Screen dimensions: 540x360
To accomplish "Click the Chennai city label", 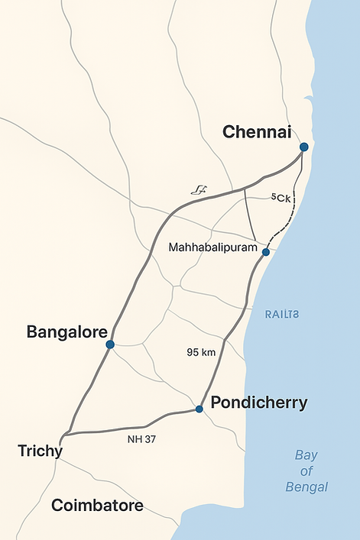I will pyautogui.click(x=257, y=132).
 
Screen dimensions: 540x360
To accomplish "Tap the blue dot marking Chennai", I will pyautogui.click(x=303, y=147).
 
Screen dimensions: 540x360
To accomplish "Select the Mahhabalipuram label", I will pyautogui.click(x=212, y=247).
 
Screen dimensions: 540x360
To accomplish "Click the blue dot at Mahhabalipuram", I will pyautogui.click(x=265, y=252).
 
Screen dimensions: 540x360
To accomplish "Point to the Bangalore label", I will pyautogui.click(x=65, y=332).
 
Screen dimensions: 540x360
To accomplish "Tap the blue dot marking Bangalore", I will pyautogui.click(x=110, y=344).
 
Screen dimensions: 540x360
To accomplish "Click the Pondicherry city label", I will pyautogui.click(x=259, y=403).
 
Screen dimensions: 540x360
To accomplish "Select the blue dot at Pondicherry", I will pyautogui.click(x=199, y=409).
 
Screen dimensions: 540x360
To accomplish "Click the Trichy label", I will pyautogui.click(x=40, y=451).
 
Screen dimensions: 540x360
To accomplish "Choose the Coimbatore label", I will pyautogui.click(x=97, y=506).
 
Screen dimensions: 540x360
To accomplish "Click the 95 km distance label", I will pyautogui.click(x=201, y=352).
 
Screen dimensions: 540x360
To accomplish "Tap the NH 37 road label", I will pyautogui.click(x=139, y=439).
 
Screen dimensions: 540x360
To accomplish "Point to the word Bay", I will pyautogui.click(x=306, y=455).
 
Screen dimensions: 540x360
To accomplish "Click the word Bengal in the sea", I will pyautogui.click(x=306, y=487).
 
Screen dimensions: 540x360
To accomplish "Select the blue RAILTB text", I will pyautogui.click(x=282, y=314).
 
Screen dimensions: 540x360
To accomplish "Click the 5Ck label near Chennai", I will pyautogui.click(x=281, y=199).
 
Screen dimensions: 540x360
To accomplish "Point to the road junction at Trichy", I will pyautogui.click(x=67, y=434).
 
